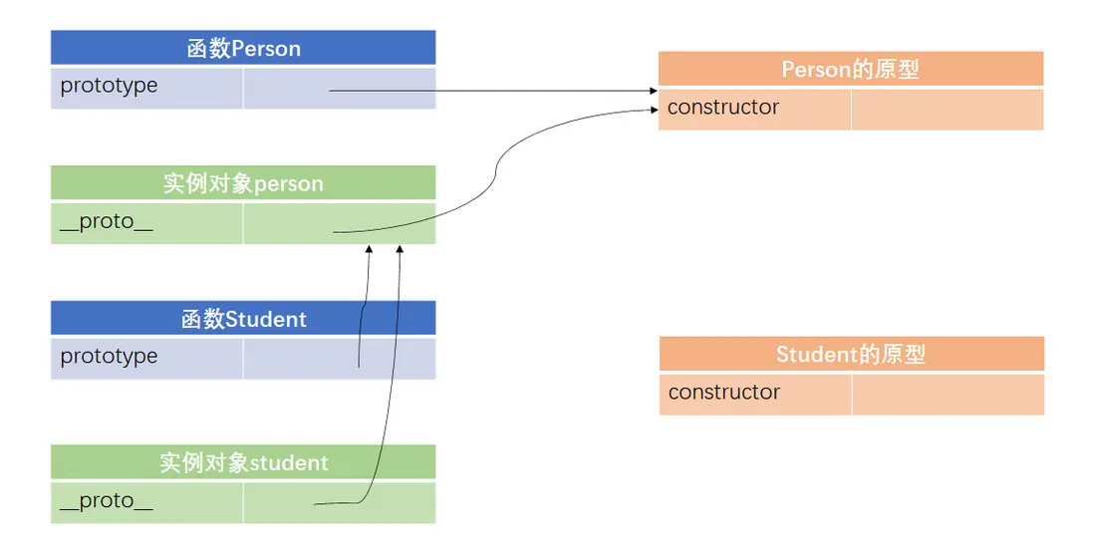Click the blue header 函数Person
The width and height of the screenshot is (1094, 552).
pyautogui.click(x=243, y=48)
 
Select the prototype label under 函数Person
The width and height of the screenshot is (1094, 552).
pyautogui.click(x=109, y=86)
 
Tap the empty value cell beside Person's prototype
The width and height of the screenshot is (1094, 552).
pyautogui.click(x=339, y=88)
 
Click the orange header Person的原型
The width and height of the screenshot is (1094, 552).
pyautogui.click(x=850, y=69)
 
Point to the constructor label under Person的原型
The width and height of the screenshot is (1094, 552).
pyautogui.click(x=723, y=108)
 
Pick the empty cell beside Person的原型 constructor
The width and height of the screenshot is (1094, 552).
pyautogui.click(x=947, y=110)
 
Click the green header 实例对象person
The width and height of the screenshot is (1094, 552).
pyautogui.click(x=243, y=183)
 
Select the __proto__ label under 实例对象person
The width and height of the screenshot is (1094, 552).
pyautogui.click(x=107, y=221)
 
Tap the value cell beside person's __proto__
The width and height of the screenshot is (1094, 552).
pyautogui.click(x=339, y=223)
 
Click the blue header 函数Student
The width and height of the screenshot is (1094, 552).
pyautogui.click(x=243, y=319)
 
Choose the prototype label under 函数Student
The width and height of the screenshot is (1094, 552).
pyautogui.click(x=109, y=357)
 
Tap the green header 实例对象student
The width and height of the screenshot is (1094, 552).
pyautogui.click(x=243, y=462)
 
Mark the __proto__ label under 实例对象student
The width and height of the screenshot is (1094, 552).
pyautogui.click(x=107, y=500)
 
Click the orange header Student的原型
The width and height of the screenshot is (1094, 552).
pyautogui.click(x=851, y=355)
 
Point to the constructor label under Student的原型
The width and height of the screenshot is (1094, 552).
pyautogui.click(x=724, y=393)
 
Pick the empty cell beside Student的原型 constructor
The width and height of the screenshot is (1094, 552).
pyautogui.click(x=948, y=395)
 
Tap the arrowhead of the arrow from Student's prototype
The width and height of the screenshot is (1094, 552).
pyautogui.click(x=369, y=250)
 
